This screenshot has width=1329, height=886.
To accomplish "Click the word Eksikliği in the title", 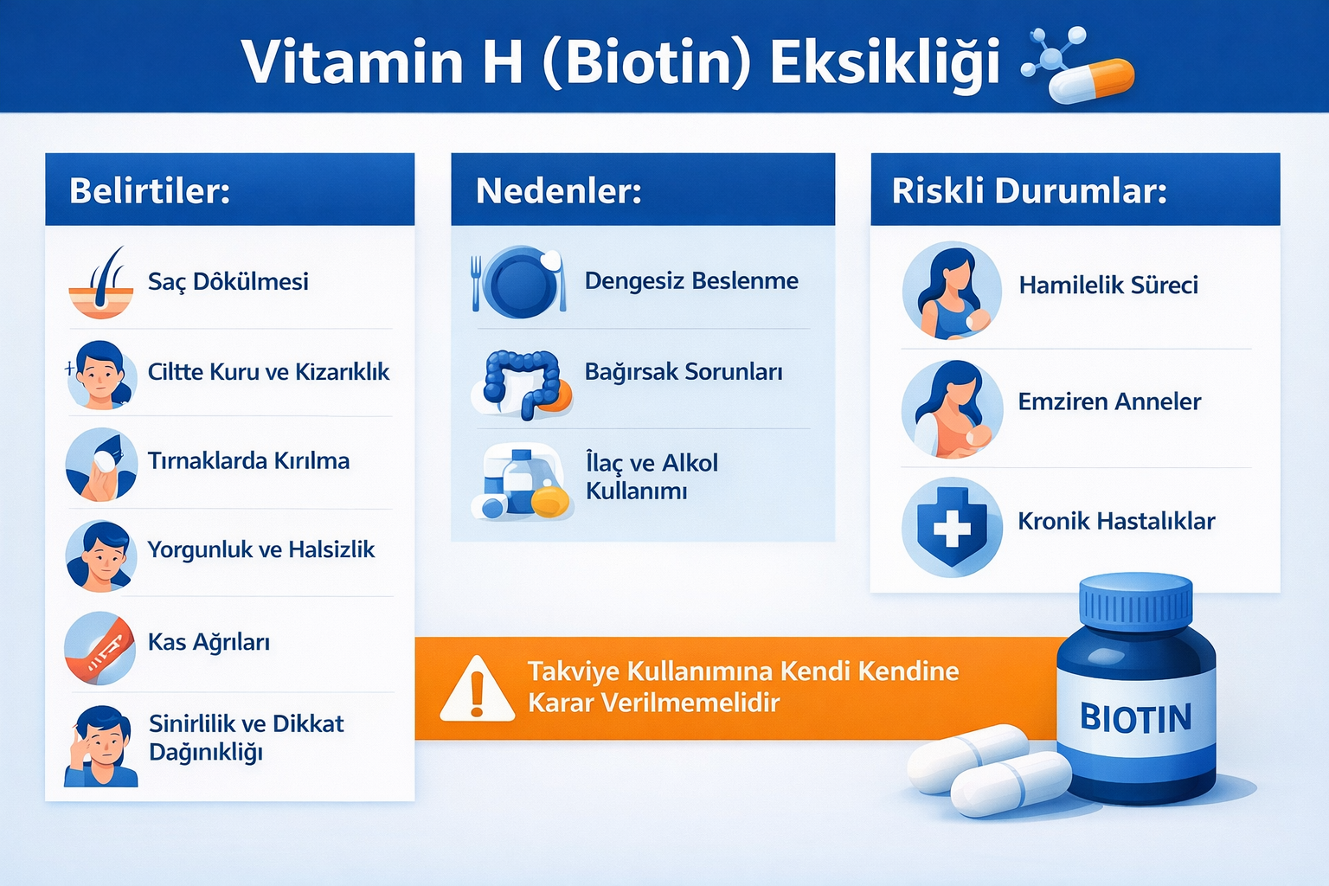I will (x=884, y=62).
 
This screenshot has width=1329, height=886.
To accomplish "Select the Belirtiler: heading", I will (x=150, y=190).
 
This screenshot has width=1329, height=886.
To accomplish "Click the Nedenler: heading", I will (x=559, y=190).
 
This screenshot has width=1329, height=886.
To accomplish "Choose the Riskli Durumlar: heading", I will (x=1030, y=190).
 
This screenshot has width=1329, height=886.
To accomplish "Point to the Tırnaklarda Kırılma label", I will (x=248, y=460).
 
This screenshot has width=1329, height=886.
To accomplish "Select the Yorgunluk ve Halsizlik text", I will (x=260, y=549).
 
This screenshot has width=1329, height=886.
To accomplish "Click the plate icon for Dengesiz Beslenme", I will (x=521, y=281).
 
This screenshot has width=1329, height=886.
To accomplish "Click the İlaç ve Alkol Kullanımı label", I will (x=651, y=477).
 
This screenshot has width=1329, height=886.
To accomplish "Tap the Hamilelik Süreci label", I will (x=1108, y=285).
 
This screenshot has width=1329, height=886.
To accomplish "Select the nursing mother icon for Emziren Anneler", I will (x=952, y=409).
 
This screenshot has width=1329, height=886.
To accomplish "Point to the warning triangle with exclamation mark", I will (x=477, y=690).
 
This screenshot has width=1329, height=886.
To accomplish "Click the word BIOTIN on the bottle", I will (x=1135, y=718).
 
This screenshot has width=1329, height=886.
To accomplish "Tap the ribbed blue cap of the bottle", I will (x=1135, y=601).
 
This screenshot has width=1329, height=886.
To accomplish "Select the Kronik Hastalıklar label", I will (x=1116, y=521).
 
